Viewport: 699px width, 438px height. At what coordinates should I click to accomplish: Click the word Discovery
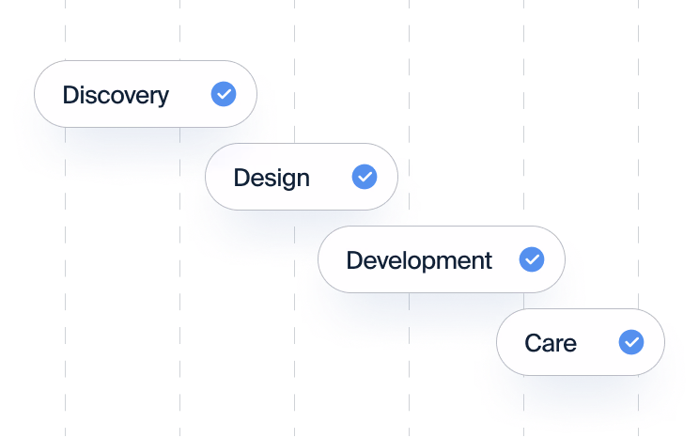point(115,95)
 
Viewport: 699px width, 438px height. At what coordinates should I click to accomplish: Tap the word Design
point(271,178)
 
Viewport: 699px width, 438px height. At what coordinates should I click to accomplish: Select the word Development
point(418,260)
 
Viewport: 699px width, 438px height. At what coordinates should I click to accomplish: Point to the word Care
point(551,343)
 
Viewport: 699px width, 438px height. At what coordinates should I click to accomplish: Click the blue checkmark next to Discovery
point(224,94)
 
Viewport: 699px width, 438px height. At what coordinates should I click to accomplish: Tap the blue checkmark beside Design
point(365,177)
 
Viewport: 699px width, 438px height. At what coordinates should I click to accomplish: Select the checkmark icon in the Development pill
point(532,259)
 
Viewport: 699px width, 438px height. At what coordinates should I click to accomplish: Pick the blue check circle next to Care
point(631,342)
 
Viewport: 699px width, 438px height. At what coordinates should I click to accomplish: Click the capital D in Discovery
point(70,95)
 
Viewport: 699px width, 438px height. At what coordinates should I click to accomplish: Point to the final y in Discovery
point(163,98)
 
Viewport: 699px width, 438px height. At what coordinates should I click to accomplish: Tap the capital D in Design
point(241,178)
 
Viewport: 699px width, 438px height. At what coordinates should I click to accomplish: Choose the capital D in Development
point(354,260)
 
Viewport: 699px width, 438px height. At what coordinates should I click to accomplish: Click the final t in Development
point(488,261)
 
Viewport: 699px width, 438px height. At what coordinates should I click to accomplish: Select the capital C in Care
point(533,343)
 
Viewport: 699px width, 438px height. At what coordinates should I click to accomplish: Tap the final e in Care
point(569,345)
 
